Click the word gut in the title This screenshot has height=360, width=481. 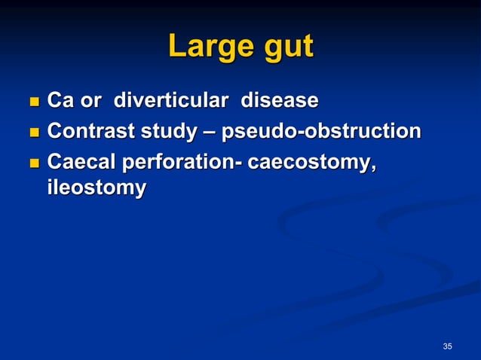coord(286,48)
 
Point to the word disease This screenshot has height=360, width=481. coord(279,100)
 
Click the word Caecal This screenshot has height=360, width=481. coord(80,163)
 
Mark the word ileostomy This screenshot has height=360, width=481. coord(96,188)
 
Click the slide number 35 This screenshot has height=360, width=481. coord(448,346)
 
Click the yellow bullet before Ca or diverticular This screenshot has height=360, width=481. coord(32,101)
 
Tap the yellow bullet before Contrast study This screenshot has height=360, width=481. coord(32,133)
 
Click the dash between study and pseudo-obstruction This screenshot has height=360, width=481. coord(207,133)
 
